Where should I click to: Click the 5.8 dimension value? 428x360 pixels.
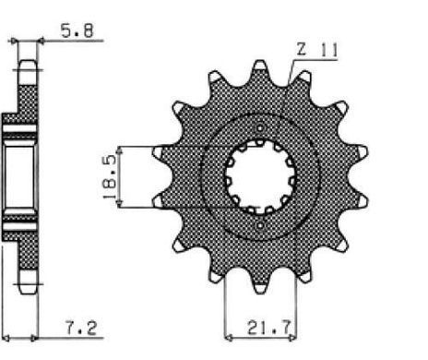[x=77, y=30]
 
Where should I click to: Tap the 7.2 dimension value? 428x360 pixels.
[x=81, y=329]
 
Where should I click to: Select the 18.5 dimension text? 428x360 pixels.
[x=110, y=177]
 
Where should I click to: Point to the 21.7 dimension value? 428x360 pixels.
[x=268, y=329]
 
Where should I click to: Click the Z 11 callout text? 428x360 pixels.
[x=317, y=49]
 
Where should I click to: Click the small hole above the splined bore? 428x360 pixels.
[x=260, y=127]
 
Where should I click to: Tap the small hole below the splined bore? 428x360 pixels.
[x=260, y=226]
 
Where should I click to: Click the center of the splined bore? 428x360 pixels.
[x=260, y=177]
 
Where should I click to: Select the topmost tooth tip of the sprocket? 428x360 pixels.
[x=260, y=62]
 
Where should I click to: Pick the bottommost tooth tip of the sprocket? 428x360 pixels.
[x=260, y=292]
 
